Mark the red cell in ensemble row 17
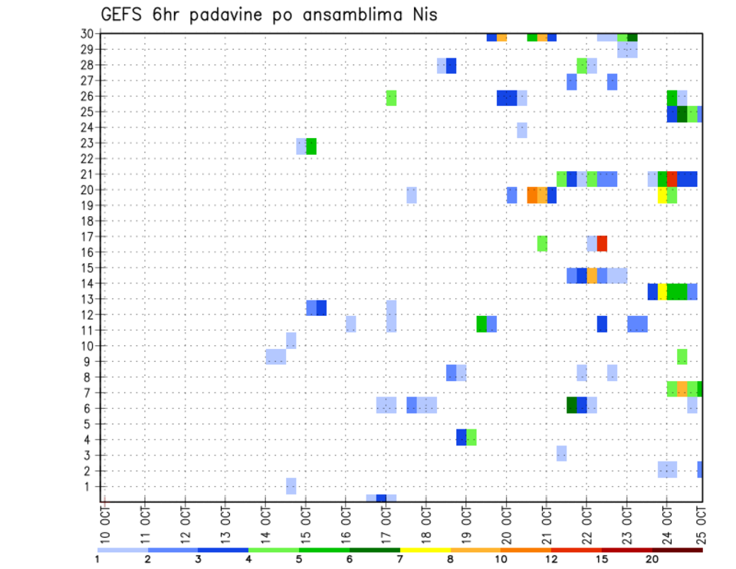point(602,243)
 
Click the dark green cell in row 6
point(571,405)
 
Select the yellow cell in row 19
point(662,196)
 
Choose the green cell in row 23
point(311,146)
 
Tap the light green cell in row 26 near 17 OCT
point(391,97)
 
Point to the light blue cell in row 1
point(291,485)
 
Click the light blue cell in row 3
point(561,453)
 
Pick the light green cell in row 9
point(682,357)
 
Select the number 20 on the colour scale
point(652,558)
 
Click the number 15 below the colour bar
point(602,558)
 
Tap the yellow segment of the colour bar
point(426,550)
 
